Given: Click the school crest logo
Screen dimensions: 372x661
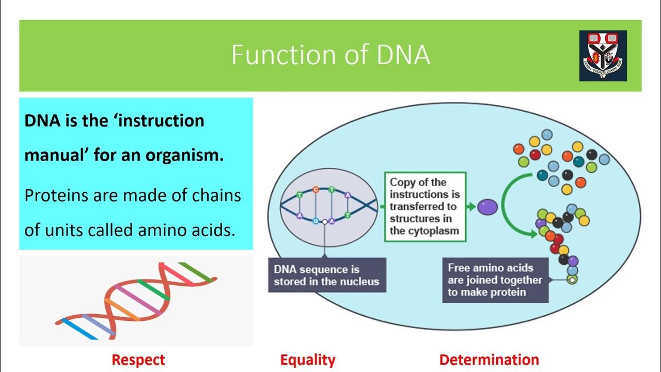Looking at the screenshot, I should click(x=603, y=55).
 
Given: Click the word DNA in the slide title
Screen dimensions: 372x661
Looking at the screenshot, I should click(x=403, y=55).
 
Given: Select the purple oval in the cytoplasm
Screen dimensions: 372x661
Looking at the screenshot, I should click(x=486, y=207).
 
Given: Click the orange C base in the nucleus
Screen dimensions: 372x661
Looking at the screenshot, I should click(x=316, y=190).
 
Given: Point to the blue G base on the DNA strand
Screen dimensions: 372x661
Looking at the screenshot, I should click(x=316, y=221).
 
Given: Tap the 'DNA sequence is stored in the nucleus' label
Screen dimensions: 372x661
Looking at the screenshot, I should click(x=326, y=275).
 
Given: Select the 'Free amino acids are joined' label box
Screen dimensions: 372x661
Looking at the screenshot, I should click(x=495, y=280).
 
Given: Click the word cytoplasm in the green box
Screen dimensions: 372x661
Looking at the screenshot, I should click(x=432, y=231).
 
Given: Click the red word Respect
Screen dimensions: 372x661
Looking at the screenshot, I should click(x=138, y=360).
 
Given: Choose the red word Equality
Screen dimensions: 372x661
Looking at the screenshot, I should click(x=308, y=360).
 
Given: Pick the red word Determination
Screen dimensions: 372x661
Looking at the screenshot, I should click(x=489, y=360).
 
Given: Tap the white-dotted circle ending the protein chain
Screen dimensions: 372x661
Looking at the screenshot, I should click(x=571, y=280).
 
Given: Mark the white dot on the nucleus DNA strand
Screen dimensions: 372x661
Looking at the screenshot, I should click(x=324, y=222).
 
